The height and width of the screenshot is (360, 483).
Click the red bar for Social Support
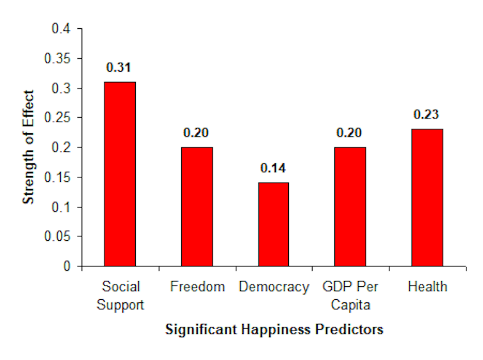pyautogui.click(x=120, y=174)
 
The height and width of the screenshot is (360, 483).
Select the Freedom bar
pyautogui.click(x=197, y=206)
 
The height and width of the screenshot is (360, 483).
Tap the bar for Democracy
pyautogui.click(x=274, y=224)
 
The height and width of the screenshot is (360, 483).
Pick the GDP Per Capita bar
pyautogui.click(x=350, y=206)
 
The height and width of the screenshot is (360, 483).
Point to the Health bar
pyautogui.click(x=427, y=197)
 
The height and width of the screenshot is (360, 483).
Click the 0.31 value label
pyautogui.click(x=120, y=67)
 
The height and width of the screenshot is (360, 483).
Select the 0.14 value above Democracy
pyautogui.click(x=274, y=168)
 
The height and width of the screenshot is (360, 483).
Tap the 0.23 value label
pyautogui.click(x=427, y=115)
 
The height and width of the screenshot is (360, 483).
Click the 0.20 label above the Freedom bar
pyautogui.click(x=197, y=133)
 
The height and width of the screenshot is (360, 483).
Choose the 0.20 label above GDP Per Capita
pyautogui.click(x=350, y=133)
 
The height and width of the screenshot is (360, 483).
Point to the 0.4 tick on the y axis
pyautogui.click(x=62, y=29)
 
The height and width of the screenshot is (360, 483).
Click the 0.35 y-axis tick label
pyautogui.click(x=60, y=59)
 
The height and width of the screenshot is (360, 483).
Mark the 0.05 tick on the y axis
pyautogui.click(x=60, y=236)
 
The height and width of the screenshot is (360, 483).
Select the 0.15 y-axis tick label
pyautogui.click(x=60, y=177)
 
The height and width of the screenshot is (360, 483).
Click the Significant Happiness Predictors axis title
pyautogui.click(x=274, y=330)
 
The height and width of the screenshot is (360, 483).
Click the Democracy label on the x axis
pyautogui.click(x=274, y=287)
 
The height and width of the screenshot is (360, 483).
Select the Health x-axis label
pyautogui.click(x=427, y=287)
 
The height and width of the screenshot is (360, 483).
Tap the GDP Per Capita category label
pyautogui.click(x=350, y=295)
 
